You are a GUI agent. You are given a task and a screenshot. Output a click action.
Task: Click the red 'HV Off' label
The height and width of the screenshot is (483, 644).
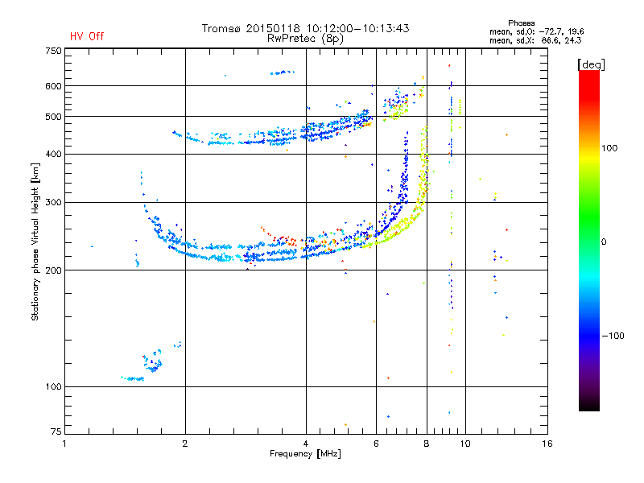click(x=87, y=36)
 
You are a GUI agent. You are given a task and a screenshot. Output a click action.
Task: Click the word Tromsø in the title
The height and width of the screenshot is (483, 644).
click(x=221, y=28)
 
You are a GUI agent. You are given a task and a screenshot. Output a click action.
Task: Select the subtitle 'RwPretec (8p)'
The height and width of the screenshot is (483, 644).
click(x=305, y=39)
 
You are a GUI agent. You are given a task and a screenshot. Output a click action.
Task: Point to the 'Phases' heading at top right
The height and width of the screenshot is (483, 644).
click(x=521, y=23)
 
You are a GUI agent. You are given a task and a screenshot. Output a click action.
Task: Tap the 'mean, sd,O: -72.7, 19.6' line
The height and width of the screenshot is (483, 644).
click(x=536, y=31)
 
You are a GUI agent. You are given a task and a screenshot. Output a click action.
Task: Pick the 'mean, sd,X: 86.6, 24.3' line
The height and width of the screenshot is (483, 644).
click(x=535, y=40)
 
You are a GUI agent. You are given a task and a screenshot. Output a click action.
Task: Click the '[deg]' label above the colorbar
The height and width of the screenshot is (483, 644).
click(x=591, y=64)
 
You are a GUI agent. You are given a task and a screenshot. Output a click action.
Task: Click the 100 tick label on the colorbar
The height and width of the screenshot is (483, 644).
click(x=609, y=148)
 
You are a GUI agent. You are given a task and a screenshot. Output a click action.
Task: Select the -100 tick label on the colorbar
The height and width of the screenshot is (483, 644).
click(x=613, y=336)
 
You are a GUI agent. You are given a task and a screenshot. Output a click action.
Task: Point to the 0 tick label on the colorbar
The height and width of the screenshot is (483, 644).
click(x=604, y=242)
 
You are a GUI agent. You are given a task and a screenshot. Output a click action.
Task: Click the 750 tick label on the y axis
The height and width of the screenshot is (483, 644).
click(x=53, y=51)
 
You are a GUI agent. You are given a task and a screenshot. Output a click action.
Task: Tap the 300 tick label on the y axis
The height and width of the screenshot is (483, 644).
click(x=53, y=202)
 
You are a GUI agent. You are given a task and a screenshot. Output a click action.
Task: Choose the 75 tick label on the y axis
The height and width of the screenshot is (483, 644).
click(x=56, y=431)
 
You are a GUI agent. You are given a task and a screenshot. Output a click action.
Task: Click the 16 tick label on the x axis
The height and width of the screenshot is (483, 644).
click(x=547, y=444)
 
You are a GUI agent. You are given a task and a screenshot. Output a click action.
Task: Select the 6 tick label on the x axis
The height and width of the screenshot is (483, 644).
click(x=376, y=444)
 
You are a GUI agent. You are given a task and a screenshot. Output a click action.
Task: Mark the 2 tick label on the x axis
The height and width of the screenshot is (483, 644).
click(x=185, y=444)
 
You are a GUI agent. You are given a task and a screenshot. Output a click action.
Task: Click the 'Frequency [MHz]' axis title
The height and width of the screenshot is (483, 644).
click(x=305, y=454)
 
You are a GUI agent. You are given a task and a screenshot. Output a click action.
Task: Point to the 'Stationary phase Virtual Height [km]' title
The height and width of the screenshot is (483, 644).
click(x=35, y=242)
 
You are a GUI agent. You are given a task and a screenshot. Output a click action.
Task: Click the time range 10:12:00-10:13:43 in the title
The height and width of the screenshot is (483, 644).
click(x=357, y=28)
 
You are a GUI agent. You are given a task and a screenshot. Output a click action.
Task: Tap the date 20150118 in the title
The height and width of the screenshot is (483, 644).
click(x=273, y=28)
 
